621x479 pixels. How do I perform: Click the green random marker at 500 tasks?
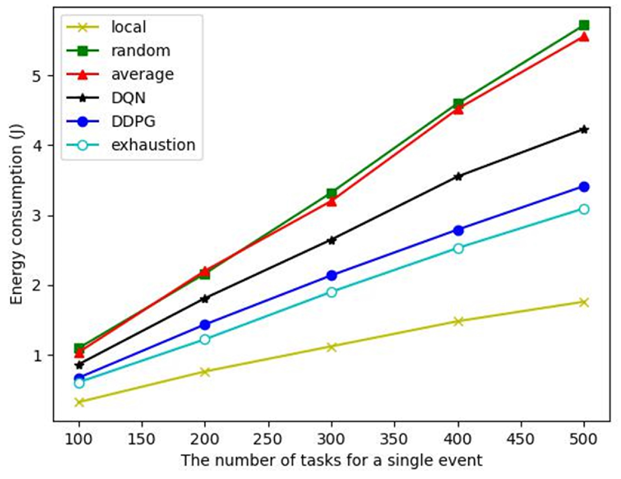click(584, 25)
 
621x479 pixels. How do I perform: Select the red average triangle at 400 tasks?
click(458, 110)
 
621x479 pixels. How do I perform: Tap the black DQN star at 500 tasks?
click(584, 130)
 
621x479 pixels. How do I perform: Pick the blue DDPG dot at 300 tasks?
click(332, 275)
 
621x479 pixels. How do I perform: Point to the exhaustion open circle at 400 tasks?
click(458, 248)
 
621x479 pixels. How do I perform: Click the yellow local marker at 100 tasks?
click(79, 402)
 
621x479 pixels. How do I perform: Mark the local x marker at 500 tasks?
click(584, 302)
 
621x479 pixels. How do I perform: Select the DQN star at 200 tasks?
click(205, 299)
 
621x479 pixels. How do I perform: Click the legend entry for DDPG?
click(133, 121)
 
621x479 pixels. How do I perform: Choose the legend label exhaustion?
click(153, 145)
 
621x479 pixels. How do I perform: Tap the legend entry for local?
click(128, 27)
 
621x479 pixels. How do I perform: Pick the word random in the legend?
click(141, 51)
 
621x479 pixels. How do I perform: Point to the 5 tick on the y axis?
click(37, 76)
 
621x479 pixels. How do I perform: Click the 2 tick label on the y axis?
click(37, 285)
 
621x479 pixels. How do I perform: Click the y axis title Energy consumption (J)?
click(16, 214)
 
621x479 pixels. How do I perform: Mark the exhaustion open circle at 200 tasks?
click(205, 339)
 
